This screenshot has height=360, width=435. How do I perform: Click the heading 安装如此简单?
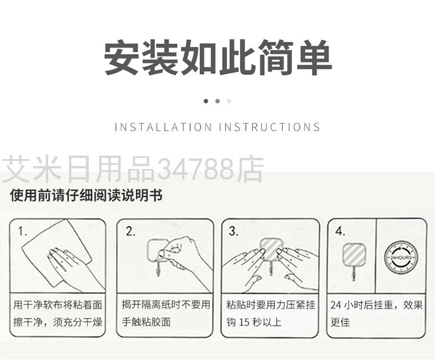pos(217,57)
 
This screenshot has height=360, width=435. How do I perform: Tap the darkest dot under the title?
pos(206,101)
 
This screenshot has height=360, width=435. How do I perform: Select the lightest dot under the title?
pos(229,101)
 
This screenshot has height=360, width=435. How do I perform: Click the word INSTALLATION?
pos(163,127)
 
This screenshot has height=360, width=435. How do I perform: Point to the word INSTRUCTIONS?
pos(269,127)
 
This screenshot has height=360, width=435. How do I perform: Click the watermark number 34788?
pos(196,170)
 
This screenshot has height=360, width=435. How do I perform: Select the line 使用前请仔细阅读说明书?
pos(86,195)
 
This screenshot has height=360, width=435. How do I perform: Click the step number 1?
pos(23,231)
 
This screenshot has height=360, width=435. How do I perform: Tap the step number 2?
pos(130,231)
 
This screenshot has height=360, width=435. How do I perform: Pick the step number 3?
pos(234,231)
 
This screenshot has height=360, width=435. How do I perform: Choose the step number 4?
pos(340,231)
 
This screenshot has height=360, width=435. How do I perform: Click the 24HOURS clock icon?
pos(401,257)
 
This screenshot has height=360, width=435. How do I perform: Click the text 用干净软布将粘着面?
pos(57,305)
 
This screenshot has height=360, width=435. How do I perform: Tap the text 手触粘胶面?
pos(146,322)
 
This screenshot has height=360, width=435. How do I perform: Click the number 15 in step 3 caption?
pos(244,322)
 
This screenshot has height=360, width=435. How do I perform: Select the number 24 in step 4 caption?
pos(335,305)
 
